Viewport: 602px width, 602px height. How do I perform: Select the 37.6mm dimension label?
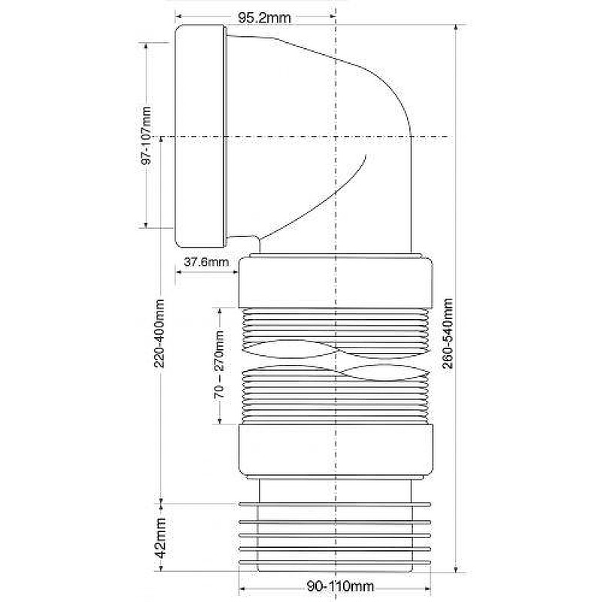[206, 262]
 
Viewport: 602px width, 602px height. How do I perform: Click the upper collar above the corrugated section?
[336, 282]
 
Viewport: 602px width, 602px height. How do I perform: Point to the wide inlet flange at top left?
[199, 135]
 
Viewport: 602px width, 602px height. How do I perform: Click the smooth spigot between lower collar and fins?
[336, 489]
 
